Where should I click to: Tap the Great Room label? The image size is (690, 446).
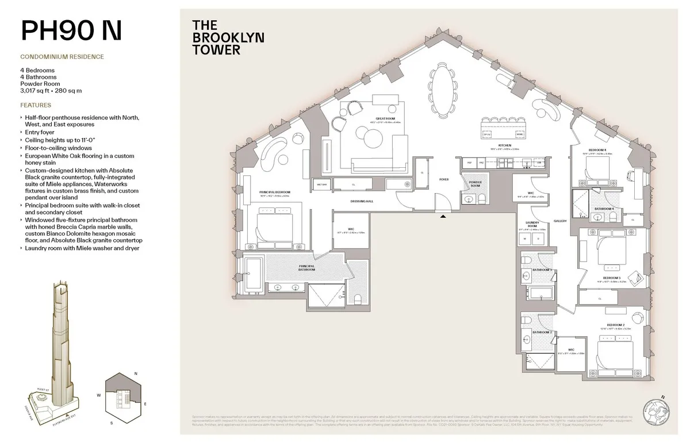click(376, 119)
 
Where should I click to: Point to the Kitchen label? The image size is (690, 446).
click(504, 146)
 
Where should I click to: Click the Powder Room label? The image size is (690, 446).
click(475, 183)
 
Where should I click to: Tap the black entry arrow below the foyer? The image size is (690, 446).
click(442, 217)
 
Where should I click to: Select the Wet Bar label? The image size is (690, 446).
click(321, 184)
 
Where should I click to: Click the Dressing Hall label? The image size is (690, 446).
click(362, 201)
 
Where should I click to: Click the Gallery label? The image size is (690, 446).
click(560, 221)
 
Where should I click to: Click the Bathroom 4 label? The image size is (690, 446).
click(604, 208)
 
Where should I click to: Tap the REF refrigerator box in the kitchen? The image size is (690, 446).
click(470, 163)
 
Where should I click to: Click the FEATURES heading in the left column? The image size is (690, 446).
click(36, 106)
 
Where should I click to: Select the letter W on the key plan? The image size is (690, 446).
click(99, 395)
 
